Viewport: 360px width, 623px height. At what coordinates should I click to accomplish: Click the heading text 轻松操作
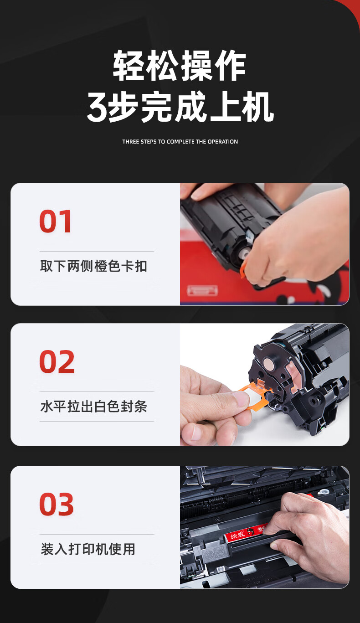[x=179, y=66]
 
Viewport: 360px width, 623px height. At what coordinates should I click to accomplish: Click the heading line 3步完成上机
[x=180, y=107]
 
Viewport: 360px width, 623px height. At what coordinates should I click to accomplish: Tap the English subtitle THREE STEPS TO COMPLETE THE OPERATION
[x=180, y=142]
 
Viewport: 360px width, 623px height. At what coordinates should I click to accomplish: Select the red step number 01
[x=55, y=221]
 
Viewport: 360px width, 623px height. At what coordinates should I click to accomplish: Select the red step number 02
[x=57, y=361]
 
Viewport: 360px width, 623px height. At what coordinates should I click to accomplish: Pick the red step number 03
[x=57, y=504]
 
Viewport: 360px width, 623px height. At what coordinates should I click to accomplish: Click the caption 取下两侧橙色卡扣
[x=94, y=266]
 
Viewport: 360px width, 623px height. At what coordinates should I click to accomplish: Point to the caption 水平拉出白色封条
[x=94, y=407]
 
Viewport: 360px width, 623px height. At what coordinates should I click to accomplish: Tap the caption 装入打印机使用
[x=88, y=549]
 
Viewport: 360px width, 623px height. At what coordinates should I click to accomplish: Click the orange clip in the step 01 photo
[x=243, y=269]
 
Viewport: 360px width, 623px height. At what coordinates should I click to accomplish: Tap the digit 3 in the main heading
[x=97, y=108]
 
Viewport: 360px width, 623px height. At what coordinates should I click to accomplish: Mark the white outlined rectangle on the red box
[x=202, y=290]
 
